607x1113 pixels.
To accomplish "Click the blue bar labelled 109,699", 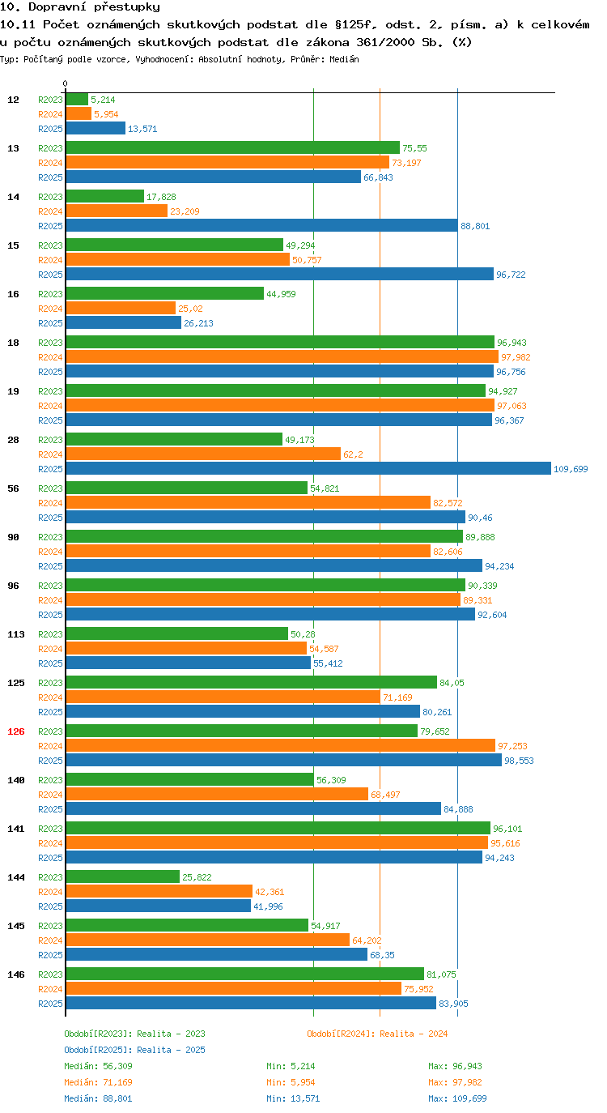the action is [308, 468].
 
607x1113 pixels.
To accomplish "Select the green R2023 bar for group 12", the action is [77, 100].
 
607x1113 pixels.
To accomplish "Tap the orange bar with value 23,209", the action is [117, 211].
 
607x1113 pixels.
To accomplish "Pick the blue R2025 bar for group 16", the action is [124, 323].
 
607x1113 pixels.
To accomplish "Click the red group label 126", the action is [16, 731].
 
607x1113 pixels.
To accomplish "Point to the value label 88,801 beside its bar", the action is [475, 226].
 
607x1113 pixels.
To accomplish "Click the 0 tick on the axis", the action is [65, 83].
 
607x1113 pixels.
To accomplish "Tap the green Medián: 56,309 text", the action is [98, 1066].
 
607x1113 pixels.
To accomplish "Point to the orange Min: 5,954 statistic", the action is [291, 1082].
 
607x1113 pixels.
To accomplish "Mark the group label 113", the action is [16, 634].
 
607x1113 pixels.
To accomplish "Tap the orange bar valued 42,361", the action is [159, 891].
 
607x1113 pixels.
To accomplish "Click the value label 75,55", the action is [414, 148].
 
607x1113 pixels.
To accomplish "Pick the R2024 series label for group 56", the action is [51, 503].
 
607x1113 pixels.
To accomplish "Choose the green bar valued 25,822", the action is [122, 877].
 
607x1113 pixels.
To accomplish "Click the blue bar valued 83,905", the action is [251, 1003].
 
